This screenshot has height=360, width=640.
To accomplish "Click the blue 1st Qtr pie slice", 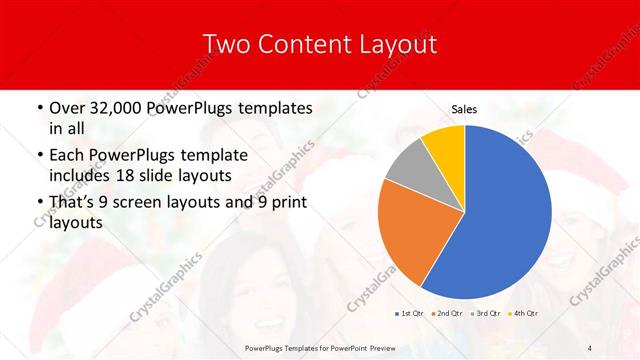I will click(x=500, y=220).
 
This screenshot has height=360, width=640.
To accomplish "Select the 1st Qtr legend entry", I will click(x=409, y=313).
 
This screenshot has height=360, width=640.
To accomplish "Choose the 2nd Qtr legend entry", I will click(x=446, y=313).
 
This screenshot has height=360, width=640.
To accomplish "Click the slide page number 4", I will click(x=589, y=346).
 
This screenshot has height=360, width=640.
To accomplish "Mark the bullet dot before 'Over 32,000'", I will click(x=38, y=108).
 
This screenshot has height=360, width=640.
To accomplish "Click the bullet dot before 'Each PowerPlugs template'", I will click(x=38, y=156).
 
